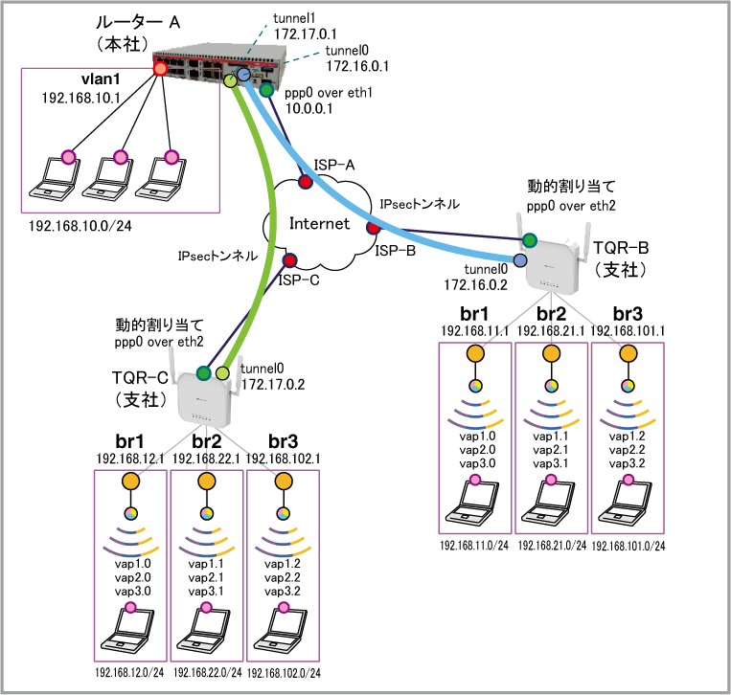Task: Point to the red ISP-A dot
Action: tap(305, 181)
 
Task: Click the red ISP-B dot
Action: tap(372, 228)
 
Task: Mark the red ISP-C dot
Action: tap(288, 259)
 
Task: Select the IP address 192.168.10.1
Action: tap(80, 98)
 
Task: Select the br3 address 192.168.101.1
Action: tap(628, 330)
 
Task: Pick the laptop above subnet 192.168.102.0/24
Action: tap(283, 633)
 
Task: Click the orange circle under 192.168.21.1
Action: tap(551, 353)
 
